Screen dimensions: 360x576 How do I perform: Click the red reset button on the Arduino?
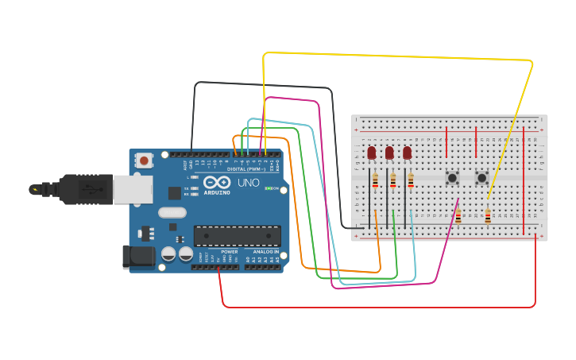click(x=144, y=161)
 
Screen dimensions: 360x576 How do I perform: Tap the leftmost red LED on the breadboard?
click(x=371, y=153)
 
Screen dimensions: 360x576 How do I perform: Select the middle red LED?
click(x=389, y=153)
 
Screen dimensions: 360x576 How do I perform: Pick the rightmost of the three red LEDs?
click(x=408, y=153)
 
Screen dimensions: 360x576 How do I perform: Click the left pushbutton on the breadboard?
click(x=452, y=178)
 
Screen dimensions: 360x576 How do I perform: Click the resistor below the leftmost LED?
click(x=375, y=184)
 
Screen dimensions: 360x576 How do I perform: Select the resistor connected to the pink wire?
click(x=458, y=216)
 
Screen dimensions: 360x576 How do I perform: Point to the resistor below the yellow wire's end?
click(x=488, y=215)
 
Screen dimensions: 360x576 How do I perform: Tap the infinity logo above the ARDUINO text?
click(x=216, y=182)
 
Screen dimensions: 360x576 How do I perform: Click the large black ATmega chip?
click(x=237, y=236)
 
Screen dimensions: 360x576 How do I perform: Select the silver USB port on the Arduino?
click(x=132, y=189)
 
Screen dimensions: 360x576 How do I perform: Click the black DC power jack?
click(x=138, y=257)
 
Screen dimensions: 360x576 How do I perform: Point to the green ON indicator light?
click(x=269, y=188)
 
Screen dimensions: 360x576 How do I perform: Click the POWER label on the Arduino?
click(x=229, y=252)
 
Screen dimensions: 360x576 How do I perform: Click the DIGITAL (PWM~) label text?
click(x=246, y=168)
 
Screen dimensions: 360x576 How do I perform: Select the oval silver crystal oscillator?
click(x=172, y=212)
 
